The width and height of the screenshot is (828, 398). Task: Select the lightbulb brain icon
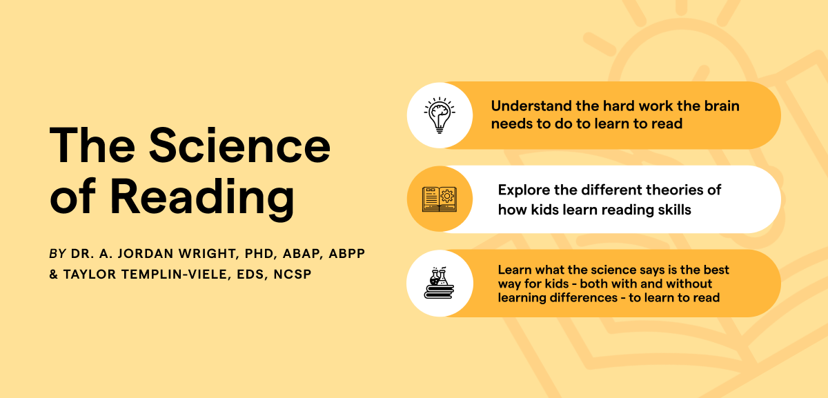click(440, 115)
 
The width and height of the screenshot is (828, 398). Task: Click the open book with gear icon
click(440, 199)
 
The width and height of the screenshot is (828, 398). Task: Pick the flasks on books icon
click(440, 283)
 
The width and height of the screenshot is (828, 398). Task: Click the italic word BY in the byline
click(57, 254)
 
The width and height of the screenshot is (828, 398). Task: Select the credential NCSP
click(293, 275)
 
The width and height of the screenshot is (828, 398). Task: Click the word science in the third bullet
click(606, 270)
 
